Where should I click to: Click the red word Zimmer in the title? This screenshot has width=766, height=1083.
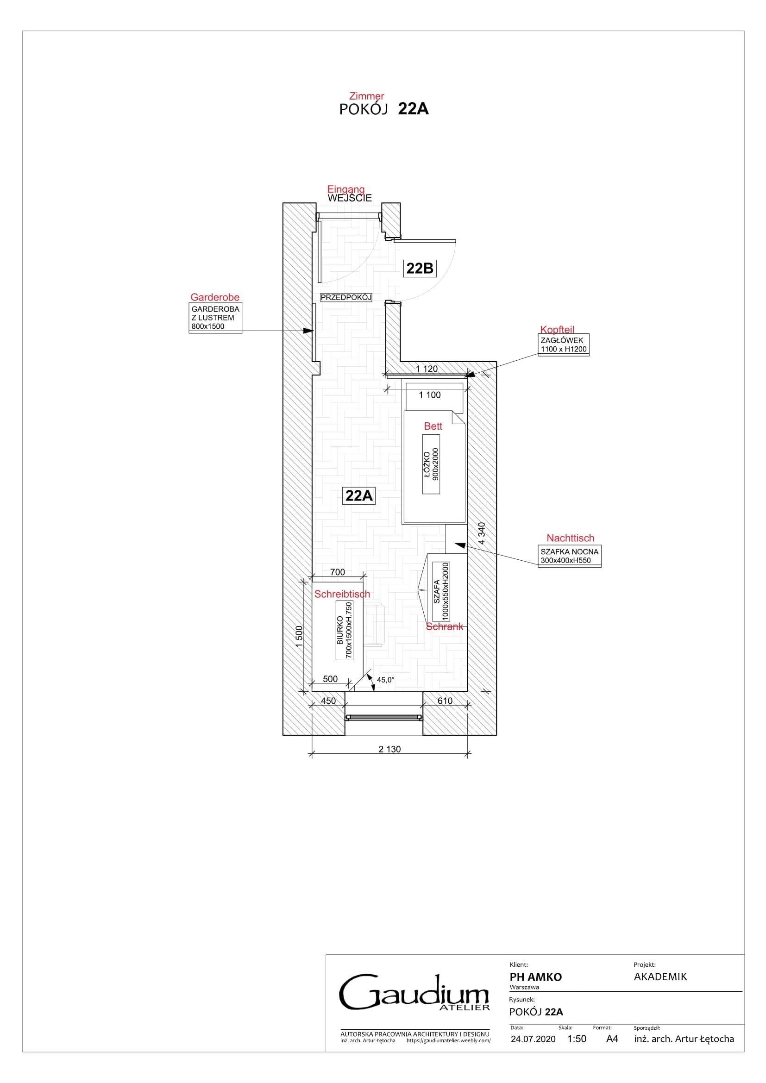(x=366, y=96)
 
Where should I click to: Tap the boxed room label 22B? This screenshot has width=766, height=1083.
(x=420, y=269)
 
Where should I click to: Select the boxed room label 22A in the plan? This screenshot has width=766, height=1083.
(x=359, y=496)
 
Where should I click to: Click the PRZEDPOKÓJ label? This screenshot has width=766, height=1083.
(x=346, y=297)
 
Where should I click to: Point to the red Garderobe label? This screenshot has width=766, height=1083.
(x=215, y=297)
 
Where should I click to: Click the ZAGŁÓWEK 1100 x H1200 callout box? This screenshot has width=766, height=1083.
(x=564, y=345)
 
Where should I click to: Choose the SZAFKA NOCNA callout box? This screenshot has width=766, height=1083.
(x=569, y=556)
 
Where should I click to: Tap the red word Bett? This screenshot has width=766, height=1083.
(x=433, y=426)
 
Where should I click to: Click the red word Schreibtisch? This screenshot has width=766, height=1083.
(x=342, y=595)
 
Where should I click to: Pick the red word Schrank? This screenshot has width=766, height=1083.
(x=444, y=626)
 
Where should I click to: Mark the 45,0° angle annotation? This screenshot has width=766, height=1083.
(x=385, y=680)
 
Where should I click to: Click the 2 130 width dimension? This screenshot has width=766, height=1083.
(x=389, y=749)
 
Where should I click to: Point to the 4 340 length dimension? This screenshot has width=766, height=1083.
(x=482, y=533)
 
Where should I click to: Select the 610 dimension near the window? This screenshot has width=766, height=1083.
(x=445, y=701)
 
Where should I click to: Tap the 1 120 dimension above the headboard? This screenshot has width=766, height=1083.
(x=427, y=369)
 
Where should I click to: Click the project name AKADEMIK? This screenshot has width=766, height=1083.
(x=660, y=977)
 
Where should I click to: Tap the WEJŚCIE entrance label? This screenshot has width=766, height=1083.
(x=350, y=198)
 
